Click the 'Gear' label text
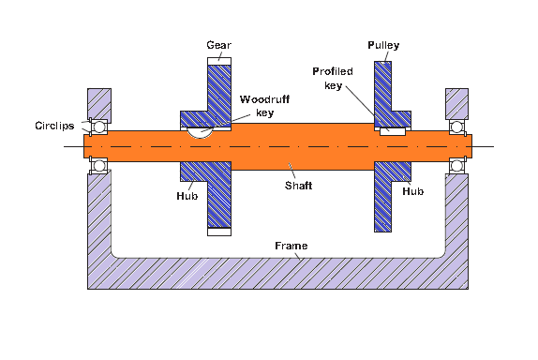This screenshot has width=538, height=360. (217, 44)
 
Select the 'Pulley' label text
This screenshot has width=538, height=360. (382, 44)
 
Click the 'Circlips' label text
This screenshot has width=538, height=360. (53, 125)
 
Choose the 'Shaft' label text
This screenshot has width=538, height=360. (300, 186)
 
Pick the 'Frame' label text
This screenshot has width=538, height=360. (291, 245)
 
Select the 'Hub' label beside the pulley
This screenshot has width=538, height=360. (413, 189)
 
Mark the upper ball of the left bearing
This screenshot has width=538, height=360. (98, 126)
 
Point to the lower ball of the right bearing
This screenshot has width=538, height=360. (457, 165)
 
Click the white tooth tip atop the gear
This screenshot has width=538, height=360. (218, 61)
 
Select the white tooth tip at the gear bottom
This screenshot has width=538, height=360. (218, 231)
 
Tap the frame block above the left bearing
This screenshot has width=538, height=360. (98, 102)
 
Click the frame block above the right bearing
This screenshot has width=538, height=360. (457, 102)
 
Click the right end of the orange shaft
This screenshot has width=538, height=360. (466, 145)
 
